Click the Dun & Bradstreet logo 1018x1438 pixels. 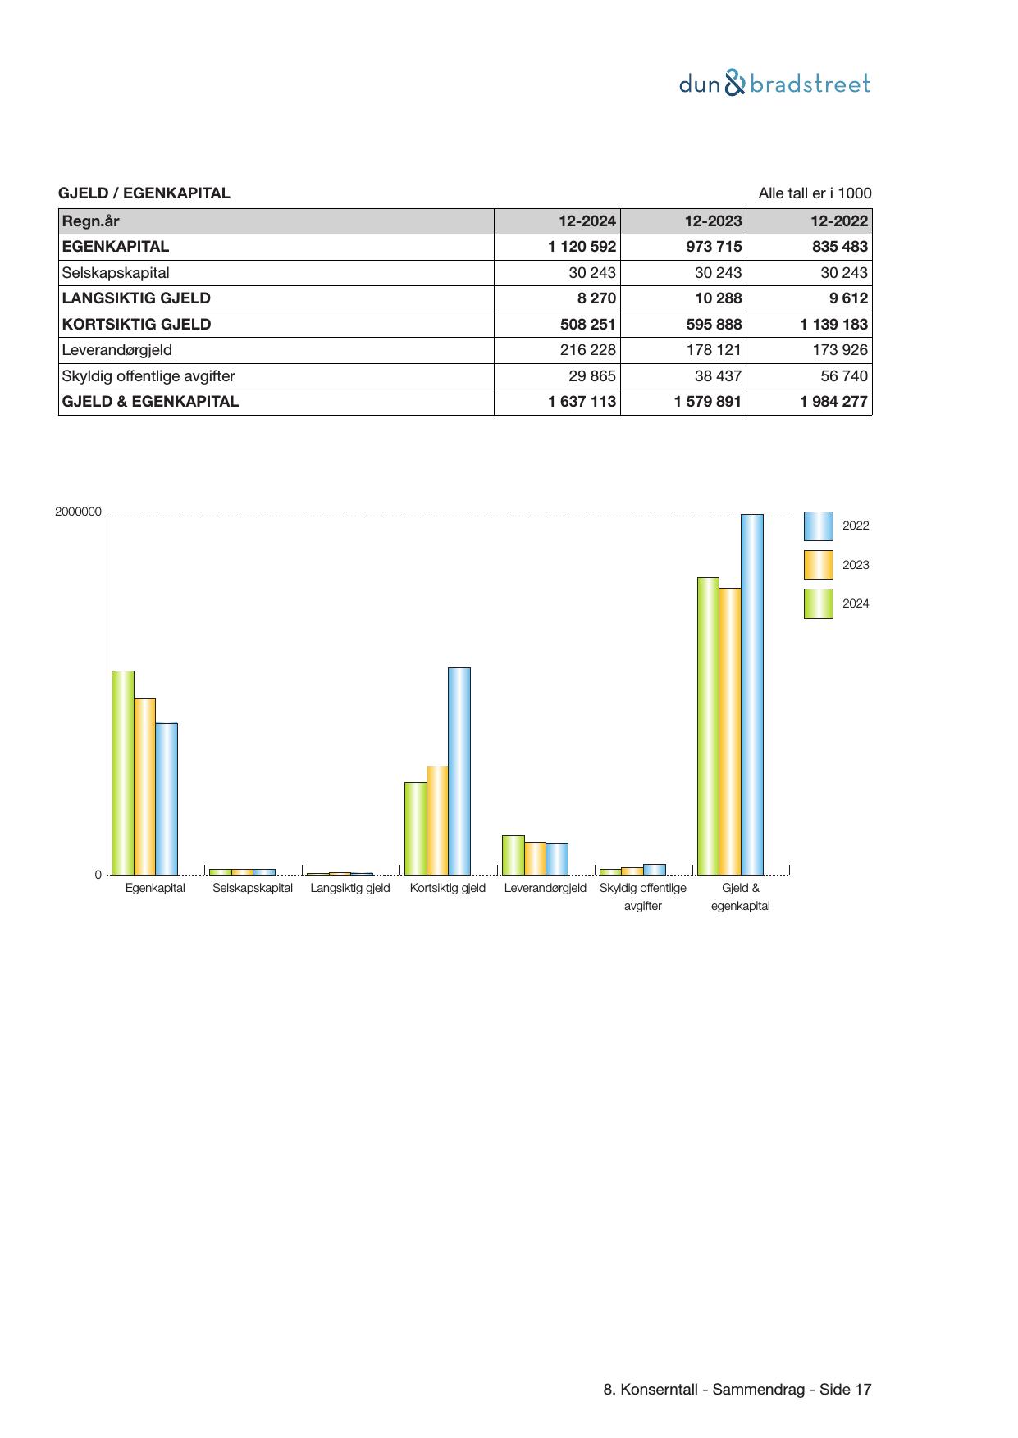click(x=774, y=84)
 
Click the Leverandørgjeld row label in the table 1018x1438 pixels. click(x=117, y=350)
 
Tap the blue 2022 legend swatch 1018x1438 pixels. click(x=818, y=526)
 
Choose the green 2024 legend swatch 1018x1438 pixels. click(x=818, y=603)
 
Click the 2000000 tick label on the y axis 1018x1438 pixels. click(x=79, y=512)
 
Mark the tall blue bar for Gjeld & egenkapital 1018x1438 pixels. click(x=752, y=694)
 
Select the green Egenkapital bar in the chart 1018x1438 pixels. click(x=123, y=772)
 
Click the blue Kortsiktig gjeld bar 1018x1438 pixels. click(x=459, y=771)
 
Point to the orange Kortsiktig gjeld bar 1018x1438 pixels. click(x=437, y=820)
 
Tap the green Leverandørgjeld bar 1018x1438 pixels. click(x=513, y=855)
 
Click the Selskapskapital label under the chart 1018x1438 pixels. click(x=253, y=888)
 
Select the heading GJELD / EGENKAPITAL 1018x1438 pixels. click(x=144, y=193)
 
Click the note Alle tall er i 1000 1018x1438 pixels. click(x=815, y=193)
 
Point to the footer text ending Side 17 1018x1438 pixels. click(x=737, y=1389)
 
